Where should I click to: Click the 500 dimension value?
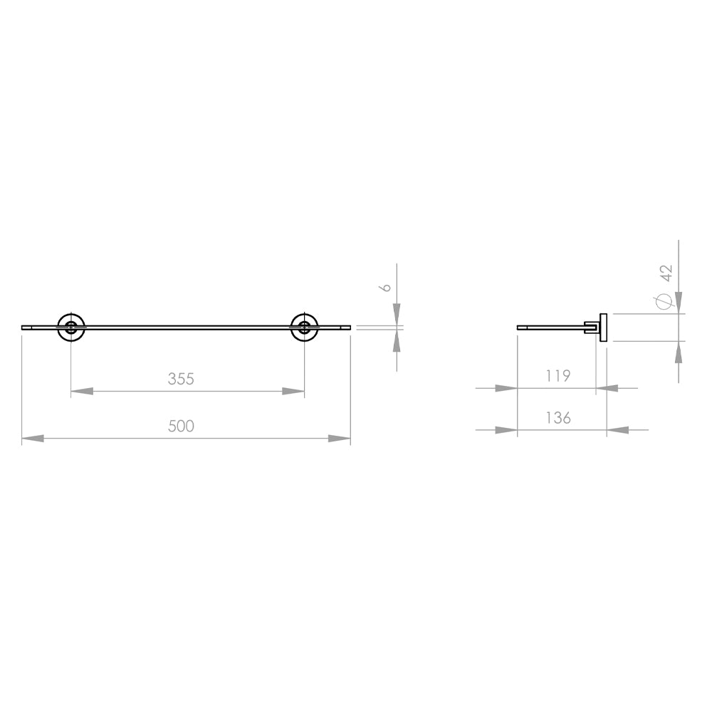181,426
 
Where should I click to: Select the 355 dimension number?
181,379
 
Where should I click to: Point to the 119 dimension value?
558,376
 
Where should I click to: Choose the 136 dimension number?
558,418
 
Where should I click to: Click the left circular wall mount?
71,328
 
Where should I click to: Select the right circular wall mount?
304,328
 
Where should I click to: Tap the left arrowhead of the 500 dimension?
33,439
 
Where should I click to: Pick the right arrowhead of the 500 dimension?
340,439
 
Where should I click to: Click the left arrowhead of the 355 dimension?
82,391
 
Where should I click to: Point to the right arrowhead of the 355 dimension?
293,391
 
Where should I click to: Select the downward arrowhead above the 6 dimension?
397,314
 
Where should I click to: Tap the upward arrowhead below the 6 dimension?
397,341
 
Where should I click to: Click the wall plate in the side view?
603,328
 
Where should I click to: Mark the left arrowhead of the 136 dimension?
506,430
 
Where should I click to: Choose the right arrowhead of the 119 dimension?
607,388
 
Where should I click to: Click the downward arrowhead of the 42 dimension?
679,302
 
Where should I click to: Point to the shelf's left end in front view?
23,328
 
